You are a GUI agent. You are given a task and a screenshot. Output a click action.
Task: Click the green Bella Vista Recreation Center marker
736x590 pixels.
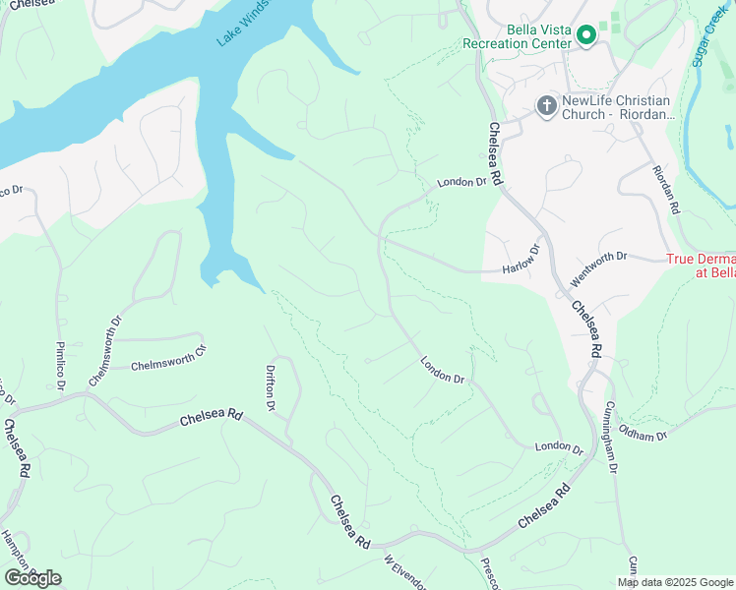586,36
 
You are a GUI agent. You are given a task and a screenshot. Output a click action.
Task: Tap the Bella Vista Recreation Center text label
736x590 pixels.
518,37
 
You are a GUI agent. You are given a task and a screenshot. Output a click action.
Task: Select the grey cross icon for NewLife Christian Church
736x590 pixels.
546,105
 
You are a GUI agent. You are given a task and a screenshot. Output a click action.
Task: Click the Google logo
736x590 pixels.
32,577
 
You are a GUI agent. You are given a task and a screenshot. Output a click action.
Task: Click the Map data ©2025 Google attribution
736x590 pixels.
674,582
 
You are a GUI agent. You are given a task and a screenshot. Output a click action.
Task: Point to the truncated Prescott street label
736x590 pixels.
490,574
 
